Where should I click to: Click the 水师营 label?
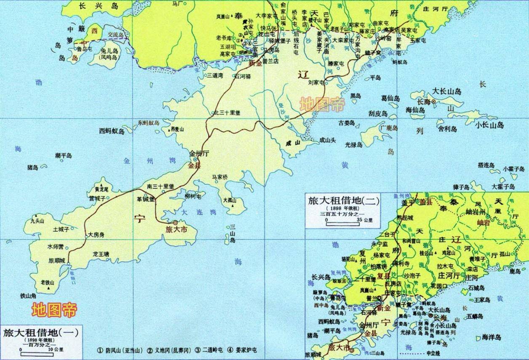pyautogui.click(x=56, y=246)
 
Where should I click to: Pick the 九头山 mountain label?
pyautogui.click(x=37, y=220)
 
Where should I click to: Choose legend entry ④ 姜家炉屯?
pyautogui.click(x=242, y=350)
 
